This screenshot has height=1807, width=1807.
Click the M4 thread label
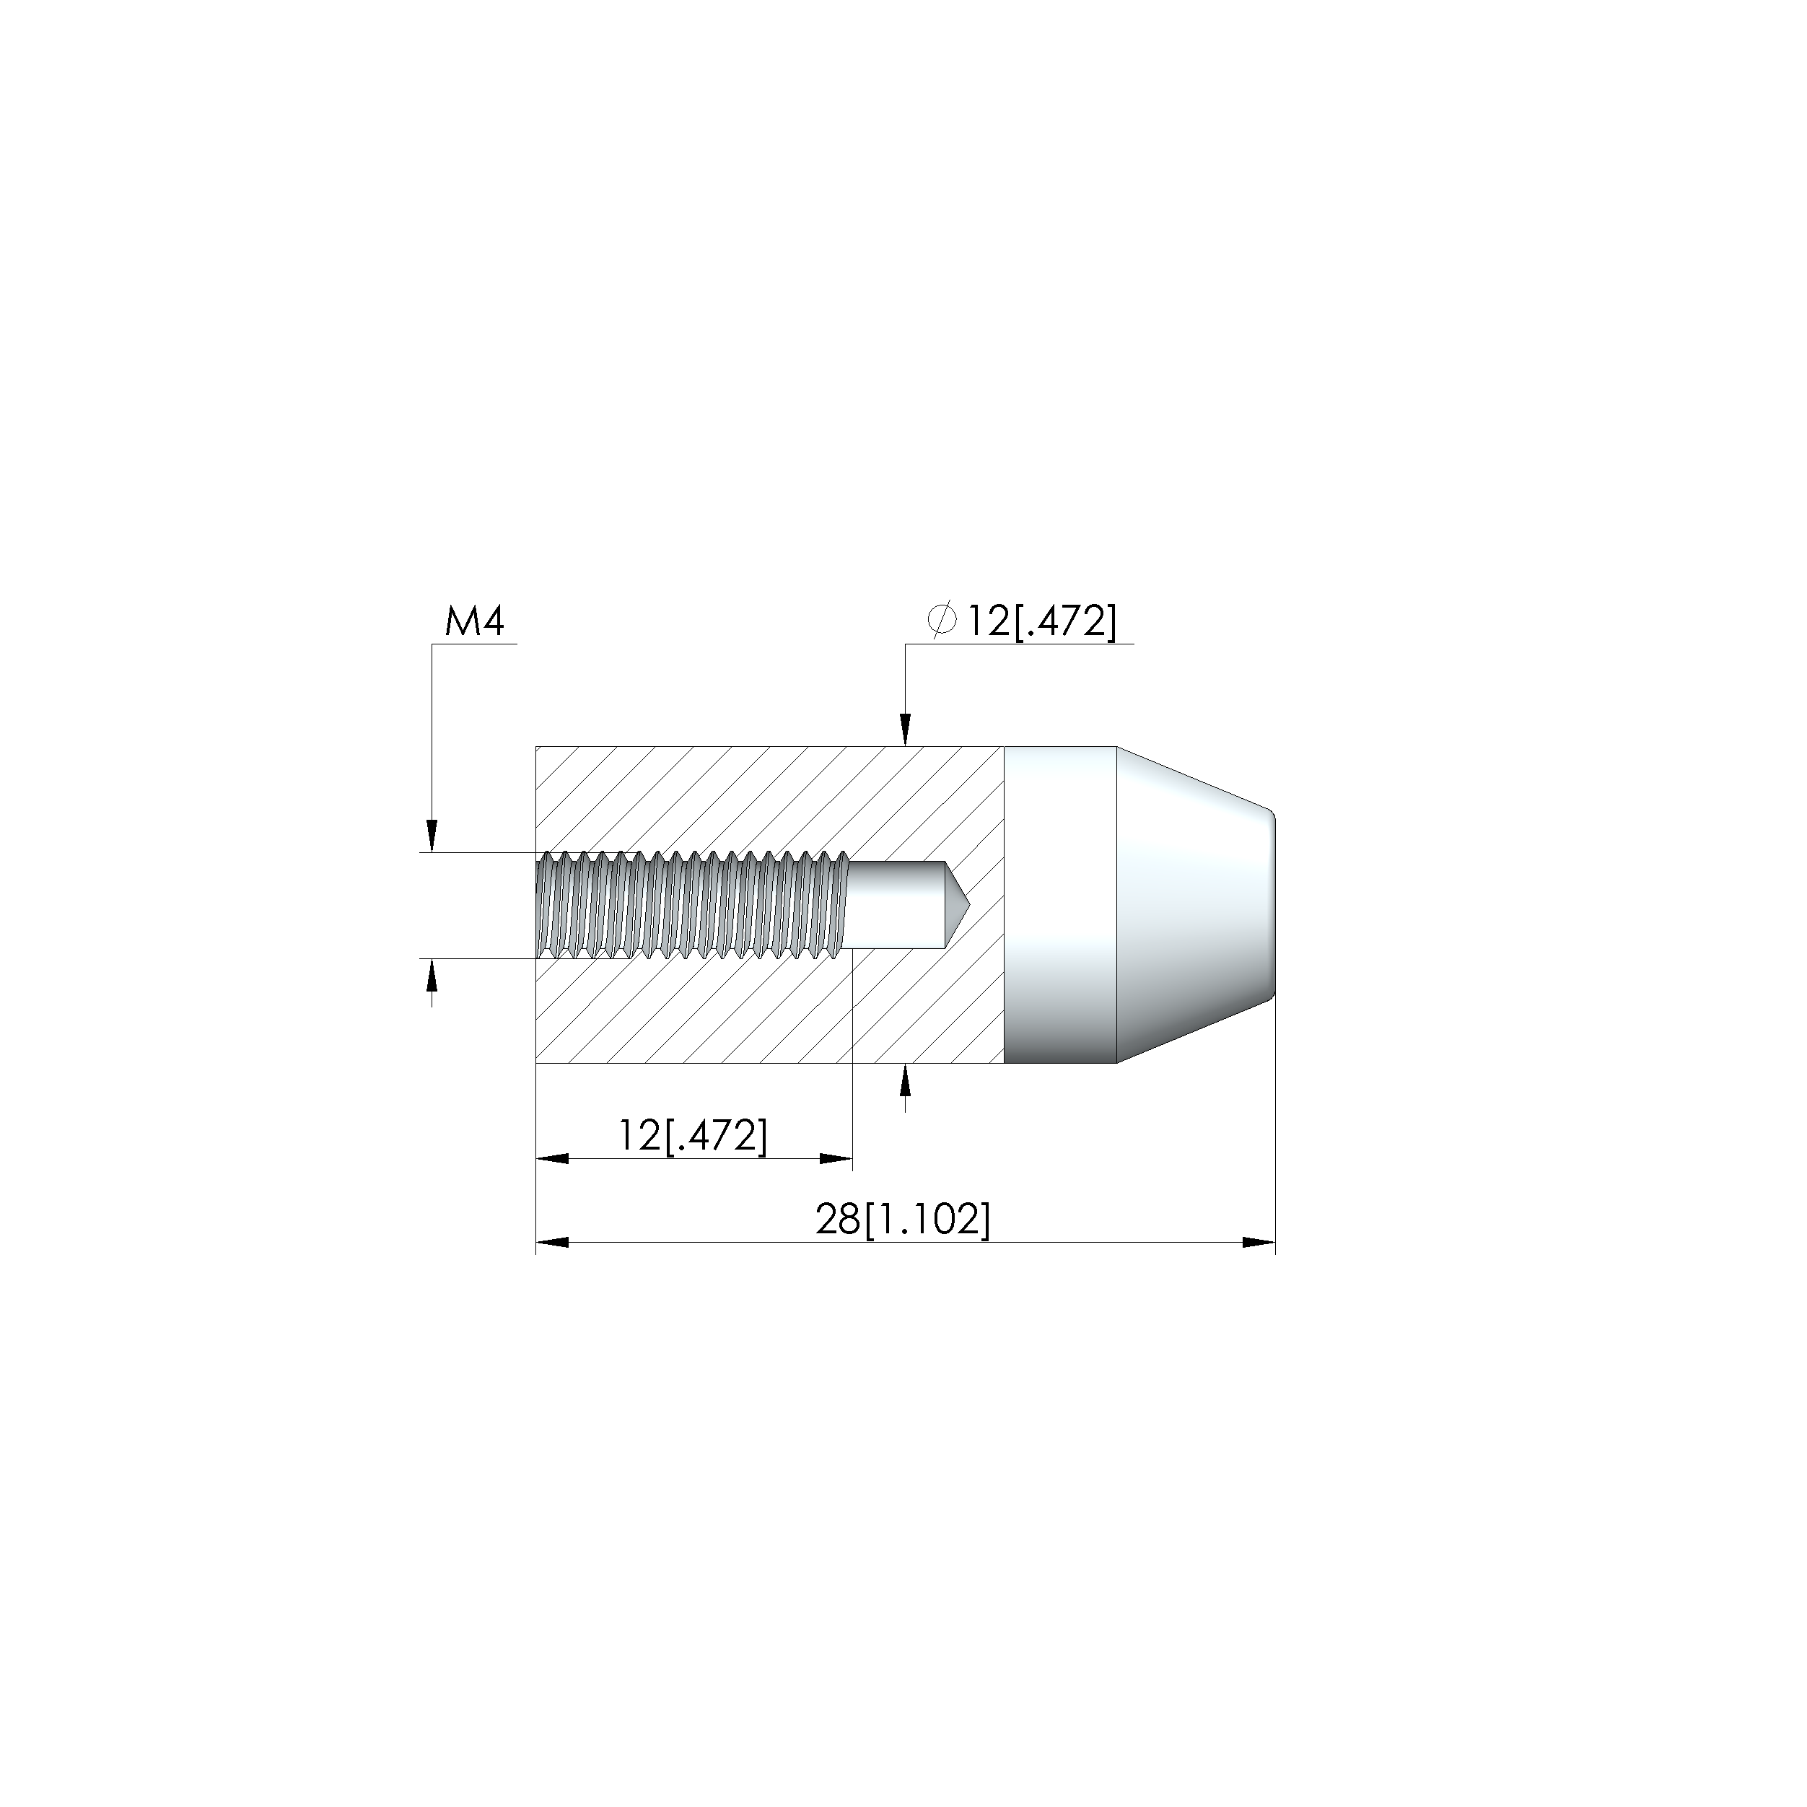pos(474,622)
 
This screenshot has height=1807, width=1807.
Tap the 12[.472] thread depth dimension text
pos(692,1135)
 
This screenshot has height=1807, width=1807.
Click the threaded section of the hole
pos(693,904)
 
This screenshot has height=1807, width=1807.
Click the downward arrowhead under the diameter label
pos(904,730)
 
